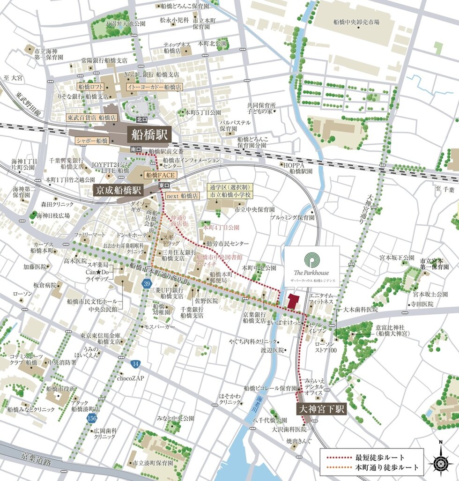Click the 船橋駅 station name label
coord(148,135)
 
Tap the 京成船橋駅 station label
coord(118,191)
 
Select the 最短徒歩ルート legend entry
coord(372,457)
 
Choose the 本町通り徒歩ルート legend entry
coord(372,467)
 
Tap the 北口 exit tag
coord(141,119)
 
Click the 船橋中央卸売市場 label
coord(356,22)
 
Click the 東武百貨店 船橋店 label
coord(88,118)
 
